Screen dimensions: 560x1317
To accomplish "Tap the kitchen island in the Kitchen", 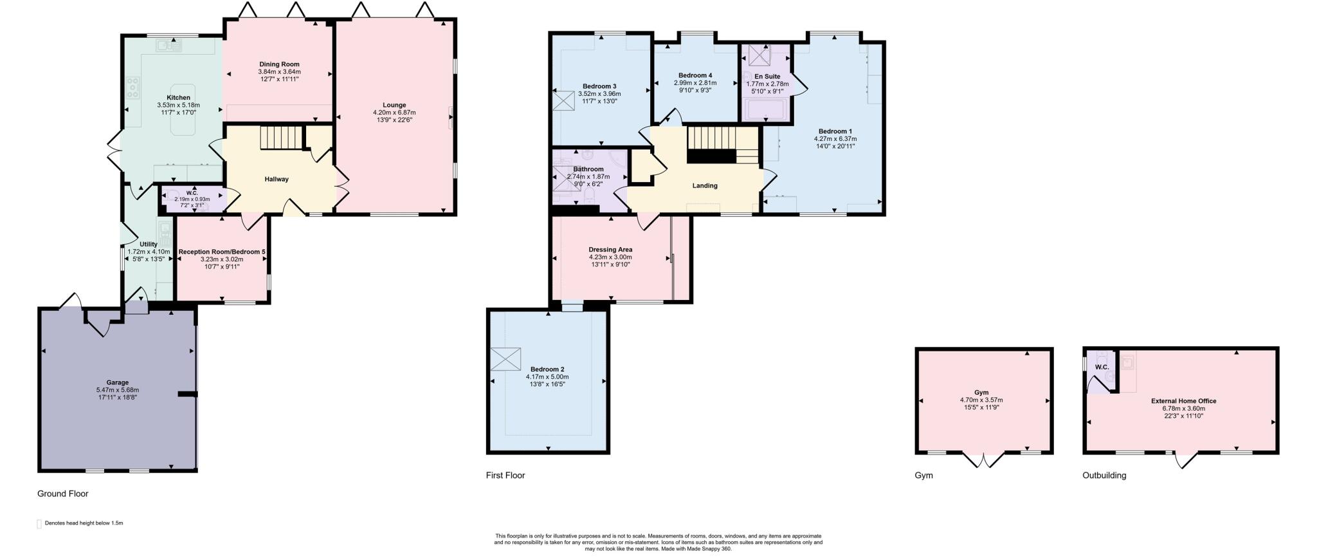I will (183, 109).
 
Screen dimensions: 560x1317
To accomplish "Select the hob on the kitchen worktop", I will (134, 87).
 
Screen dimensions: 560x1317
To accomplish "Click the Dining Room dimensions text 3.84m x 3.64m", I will (279, 71).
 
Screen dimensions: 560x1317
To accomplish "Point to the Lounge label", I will (394, 105).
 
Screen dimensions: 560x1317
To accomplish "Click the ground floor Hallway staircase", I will (281, 137).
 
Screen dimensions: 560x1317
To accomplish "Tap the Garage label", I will (117, 382).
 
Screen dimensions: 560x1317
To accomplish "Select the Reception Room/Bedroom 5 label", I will (222, 252).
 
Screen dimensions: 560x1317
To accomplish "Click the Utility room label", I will (149, 244).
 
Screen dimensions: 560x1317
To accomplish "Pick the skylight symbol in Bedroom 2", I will (505, 359).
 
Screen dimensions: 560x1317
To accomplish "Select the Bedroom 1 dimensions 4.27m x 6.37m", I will (835, 138).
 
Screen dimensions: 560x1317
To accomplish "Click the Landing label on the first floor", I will (704, 185).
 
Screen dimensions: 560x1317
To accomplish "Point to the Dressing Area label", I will (610, 249).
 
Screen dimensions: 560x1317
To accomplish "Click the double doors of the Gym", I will (984, 460).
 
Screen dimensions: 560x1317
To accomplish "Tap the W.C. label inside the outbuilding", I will (1102, 368).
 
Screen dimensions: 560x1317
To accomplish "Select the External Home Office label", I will (1183, 400).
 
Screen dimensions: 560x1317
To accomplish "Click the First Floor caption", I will (505, 475).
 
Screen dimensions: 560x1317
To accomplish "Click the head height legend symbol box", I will (39, 524).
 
